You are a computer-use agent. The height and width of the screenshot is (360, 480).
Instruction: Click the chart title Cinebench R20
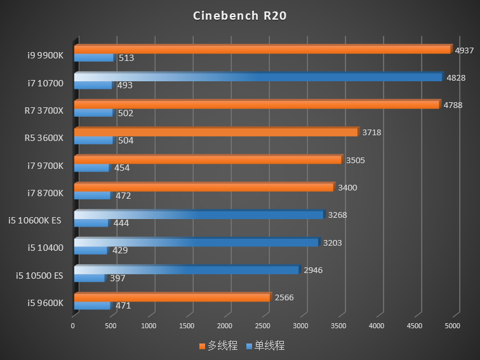[x=239, y=16]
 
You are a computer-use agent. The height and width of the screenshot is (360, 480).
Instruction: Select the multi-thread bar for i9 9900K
[x=262, y=49]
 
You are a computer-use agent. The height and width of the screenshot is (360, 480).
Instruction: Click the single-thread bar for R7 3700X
[x=93, y=113]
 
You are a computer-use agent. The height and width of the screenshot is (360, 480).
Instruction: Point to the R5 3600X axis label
[x=44, y=137]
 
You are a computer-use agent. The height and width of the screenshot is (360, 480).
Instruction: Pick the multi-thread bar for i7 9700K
[x=208, y=159]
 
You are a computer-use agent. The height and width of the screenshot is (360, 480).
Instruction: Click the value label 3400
[x=347, y=188]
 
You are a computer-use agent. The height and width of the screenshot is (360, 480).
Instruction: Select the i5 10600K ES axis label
[x=35, y=220]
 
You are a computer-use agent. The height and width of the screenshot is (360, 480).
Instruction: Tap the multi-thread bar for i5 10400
[x=196, y=242]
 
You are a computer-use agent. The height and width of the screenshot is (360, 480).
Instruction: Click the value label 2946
[x=314, y=270]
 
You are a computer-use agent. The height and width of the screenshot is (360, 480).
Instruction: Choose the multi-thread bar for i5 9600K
[x=172, y=297]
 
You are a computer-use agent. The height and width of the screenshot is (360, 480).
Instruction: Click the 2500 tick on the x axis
[x=263, y=326]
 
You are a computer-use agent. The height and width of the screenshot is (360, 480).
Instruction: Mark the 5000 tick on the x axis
[x=453, y=326]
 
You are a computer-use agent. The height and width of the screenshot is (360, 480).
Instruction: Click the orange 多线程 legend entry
[x=218, y=346]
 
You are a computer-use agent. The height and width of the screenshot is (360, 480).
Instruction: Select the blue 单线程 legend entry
[x=265, y=346]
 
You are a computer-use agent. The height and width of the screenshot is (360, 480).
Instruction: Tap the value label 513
[x=126, y=58]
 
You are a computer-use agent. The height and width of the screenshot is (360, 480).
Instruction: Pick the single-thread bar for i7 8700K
[x=92, y=196]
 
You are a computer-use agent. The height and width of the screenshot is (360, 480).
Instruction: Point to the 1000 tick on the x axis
[x=149, y=326]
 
